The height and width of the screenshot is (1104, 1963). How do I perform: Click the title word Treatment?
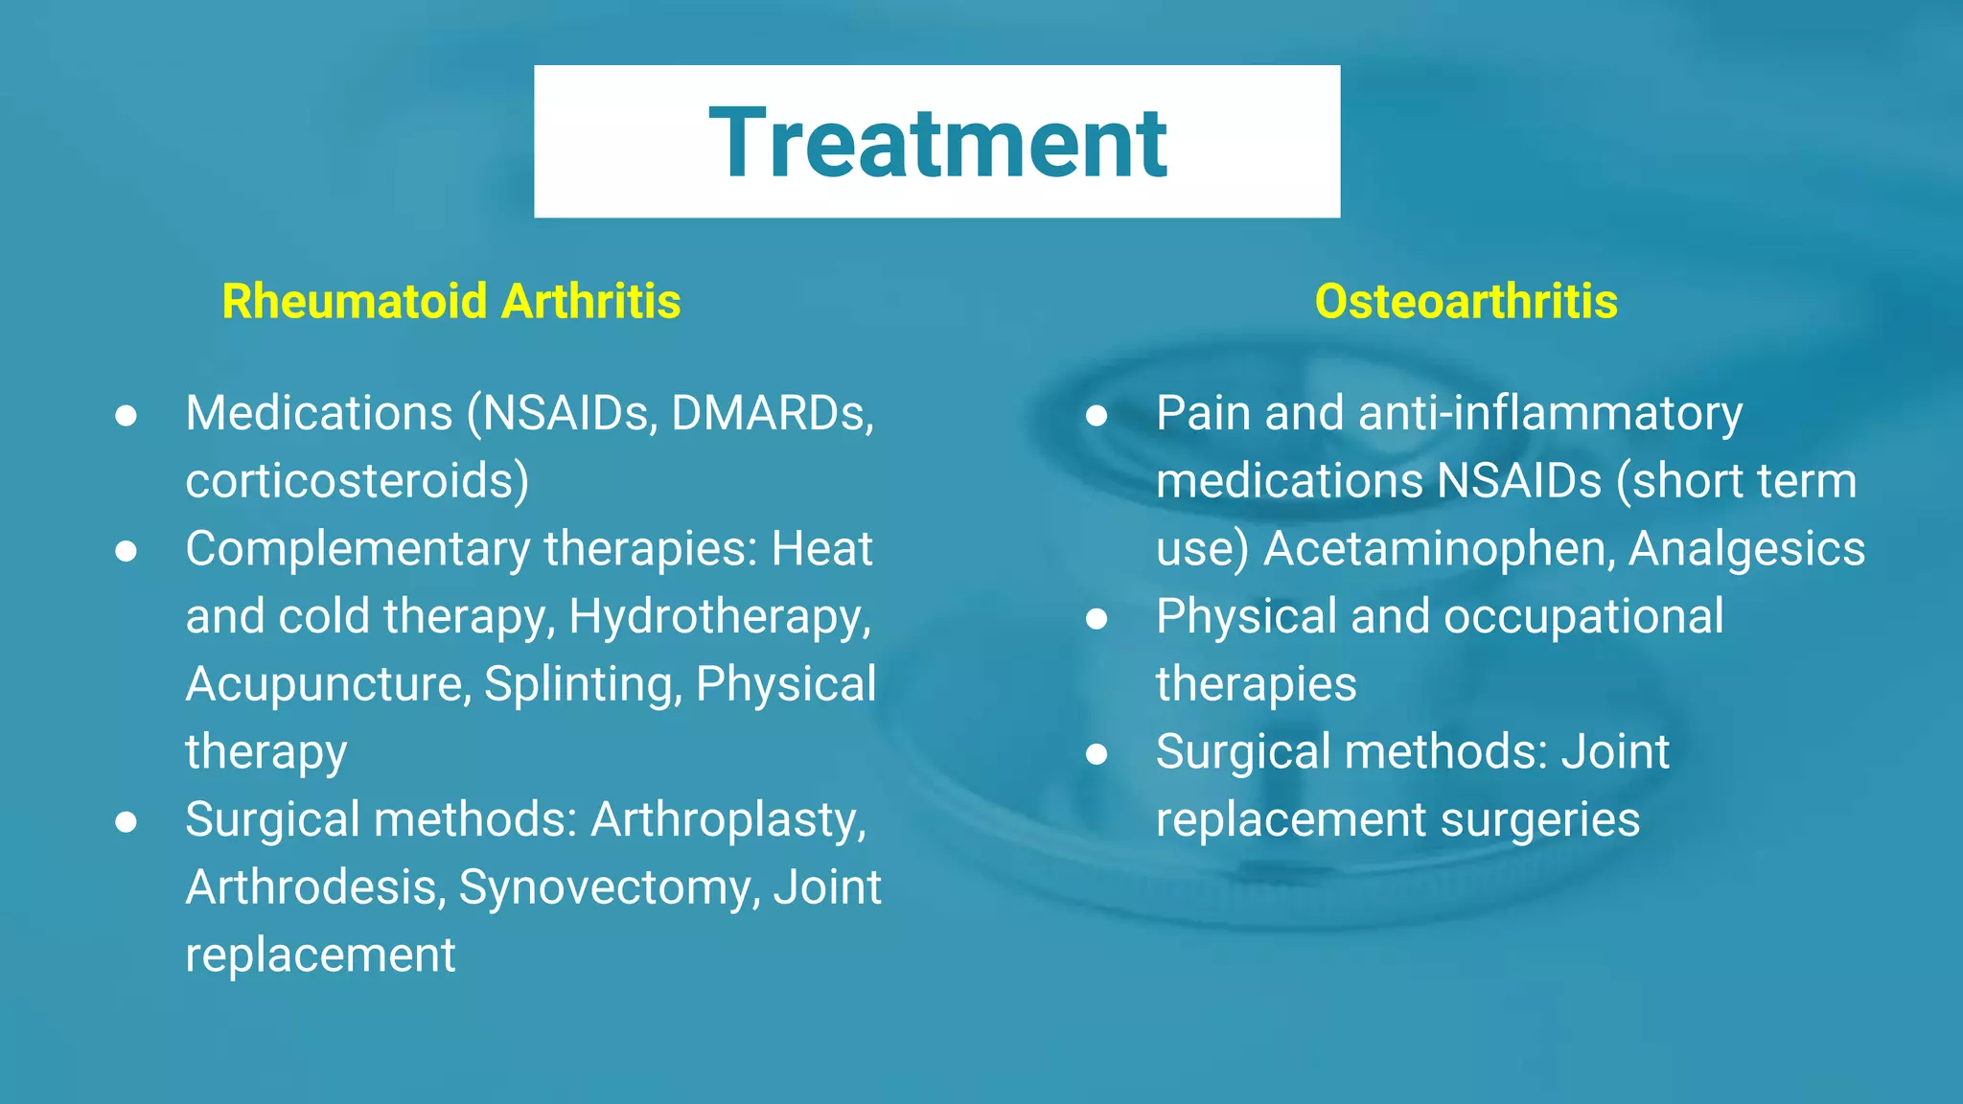click(x=937, y=143)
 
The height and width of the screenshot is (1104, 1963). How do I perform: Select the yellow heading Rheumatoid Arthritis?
click(x=451, y=301)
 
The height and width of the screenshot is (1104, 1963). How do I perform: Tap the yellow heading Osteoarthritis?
click(x=1466, y=301)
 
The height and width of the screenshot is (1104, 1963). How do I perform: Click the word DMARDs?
click(x=773, y=413)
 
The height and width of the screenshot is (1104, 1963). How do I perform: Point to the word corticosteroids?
click(x=357, y=480)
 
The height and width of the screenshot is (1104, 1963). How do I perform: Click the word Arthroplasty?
click(x=728, y=821)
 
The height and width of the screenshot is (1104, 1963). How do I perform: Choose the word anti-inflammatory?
click(x=1550, y=415)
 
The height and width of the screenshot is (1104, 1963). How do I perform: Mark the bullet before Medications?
click(x=126, y=415)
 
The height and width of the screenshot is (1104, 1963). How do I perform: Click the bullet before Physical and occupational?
click(x=1097, y=618)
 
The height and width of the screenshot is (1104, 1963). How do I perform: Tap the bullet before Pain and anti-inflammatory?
click(x=1097, y=415)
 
